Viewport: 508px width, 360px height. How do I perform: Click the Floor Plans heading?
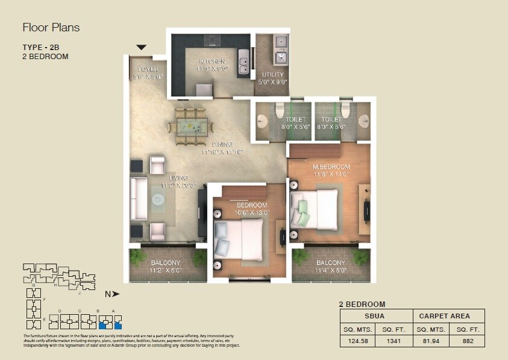[x=51, y=28]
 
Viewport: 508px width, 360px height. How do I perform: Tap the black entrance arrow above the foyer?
[x=142, y=48]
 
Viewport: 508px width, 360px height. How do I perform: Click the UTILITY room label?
[x=272, y=75]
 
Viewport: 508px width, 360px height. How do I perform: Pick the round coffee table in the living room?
[x=158, y=201]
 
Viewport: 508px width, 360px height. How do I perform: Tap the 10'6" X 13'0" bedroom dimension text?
[x=252, y=212]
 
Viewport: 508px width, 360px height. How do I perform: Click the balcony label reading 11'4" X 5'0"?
[x=330, y=271]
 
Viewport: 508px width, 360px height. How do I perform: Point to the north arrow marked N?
[x=112, y=294]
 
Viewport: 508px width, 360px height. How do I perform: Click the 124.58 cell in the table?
[x=358, y=341]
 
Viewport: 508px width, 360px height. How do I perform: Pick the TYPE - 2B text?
[x=40, y=47]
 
